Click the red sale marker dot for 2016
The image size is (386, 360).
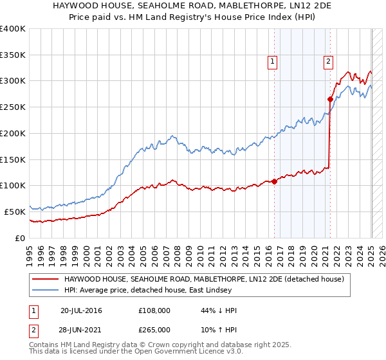275,181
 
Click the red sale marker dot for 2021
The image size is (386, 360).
330,99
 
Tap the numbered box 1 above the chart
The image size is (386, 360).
273,62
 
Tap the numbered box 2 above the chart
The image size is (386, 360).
328,62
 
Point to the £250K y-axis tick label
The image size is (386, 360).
13,107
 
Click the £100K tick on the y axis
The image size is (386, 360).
13,186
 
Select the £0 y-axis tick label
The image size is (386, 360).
21,238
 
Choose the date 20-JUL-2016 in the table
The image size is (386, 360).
81,310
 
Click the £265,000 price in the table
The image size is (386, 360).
154,329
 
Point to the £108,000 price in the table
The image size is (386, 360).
154,310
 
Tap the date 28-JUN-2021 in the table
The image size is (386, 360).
81,329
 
